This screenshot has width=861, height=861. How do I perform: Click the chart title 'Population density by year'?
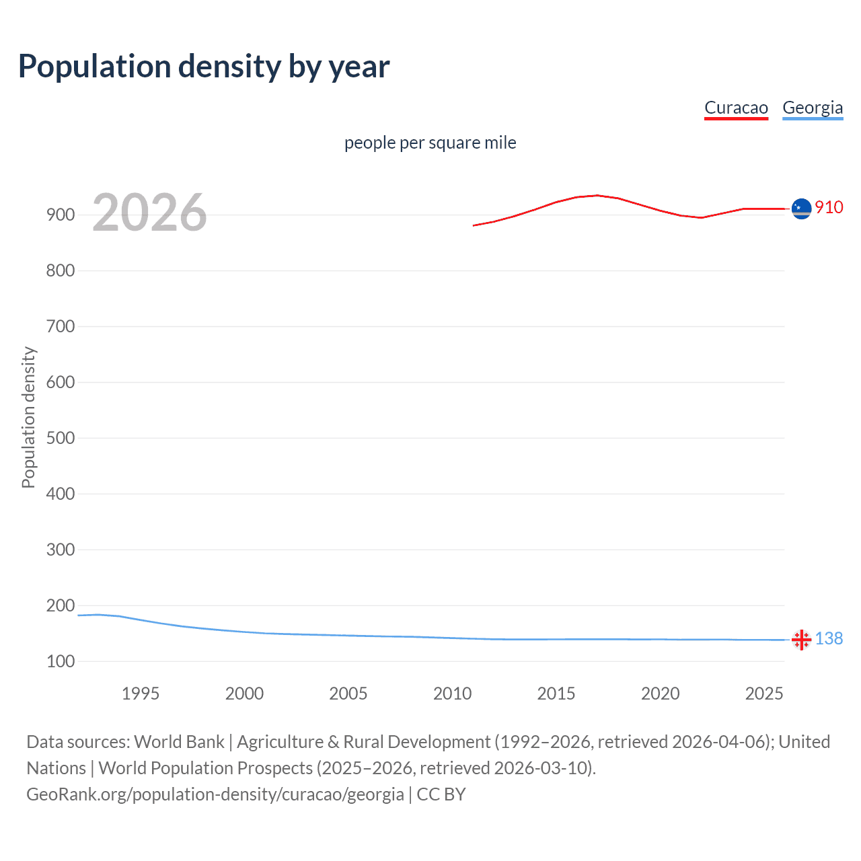tap(204, 67)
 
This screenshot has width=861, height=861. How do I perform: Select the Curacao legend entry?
tap(736, 108)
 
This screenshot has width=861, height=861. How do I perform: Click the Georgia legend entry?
tap(813, 108)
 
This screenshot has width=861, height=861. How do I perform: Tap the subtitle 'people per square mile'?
tap(430, 143)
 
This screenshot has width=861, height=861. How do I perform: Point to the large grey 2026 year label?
tap(149, 213)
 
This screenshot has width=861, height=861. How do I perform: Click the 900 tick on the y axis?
tap(61, 215)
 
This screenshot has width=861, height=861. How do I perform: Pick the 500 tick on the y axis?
tap(61, 438)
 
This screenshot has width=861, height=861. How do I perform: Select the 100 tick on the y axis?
tap(61, 661)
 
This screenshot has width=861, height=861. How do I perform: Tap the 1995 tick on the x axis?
tap(140, 694)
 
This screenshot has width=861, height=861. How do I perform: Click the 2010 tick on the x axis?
tap(452, 694)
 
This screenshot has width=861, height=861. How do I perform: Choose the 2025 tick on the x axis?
tap(764, 694)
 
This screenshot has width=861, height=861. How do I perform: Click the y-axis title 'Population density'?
tap(28, 417)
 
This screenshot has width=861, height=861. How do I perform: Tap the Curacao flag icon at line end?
tap(801, 209)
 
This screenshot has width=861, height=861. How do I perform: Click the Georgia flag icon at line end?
tap(801, 640)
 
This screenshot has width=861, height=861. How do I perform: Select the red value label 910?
tap(829, 207)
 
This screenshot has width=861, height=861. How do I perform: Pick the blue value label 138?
tap(829, 638)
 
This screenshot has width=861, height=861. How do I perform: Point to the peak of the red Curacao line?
tap(597, 195)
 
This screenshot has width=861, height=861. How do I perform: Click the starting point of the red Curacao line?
tap(474, 225)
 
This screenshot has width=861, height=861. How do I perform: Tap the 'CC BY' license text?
tap(441, 794)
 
